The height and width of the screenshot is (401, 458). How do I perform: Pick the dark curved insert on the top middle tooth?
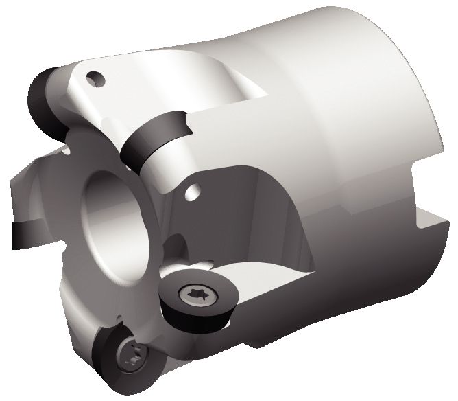click(x=154, y=137)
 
